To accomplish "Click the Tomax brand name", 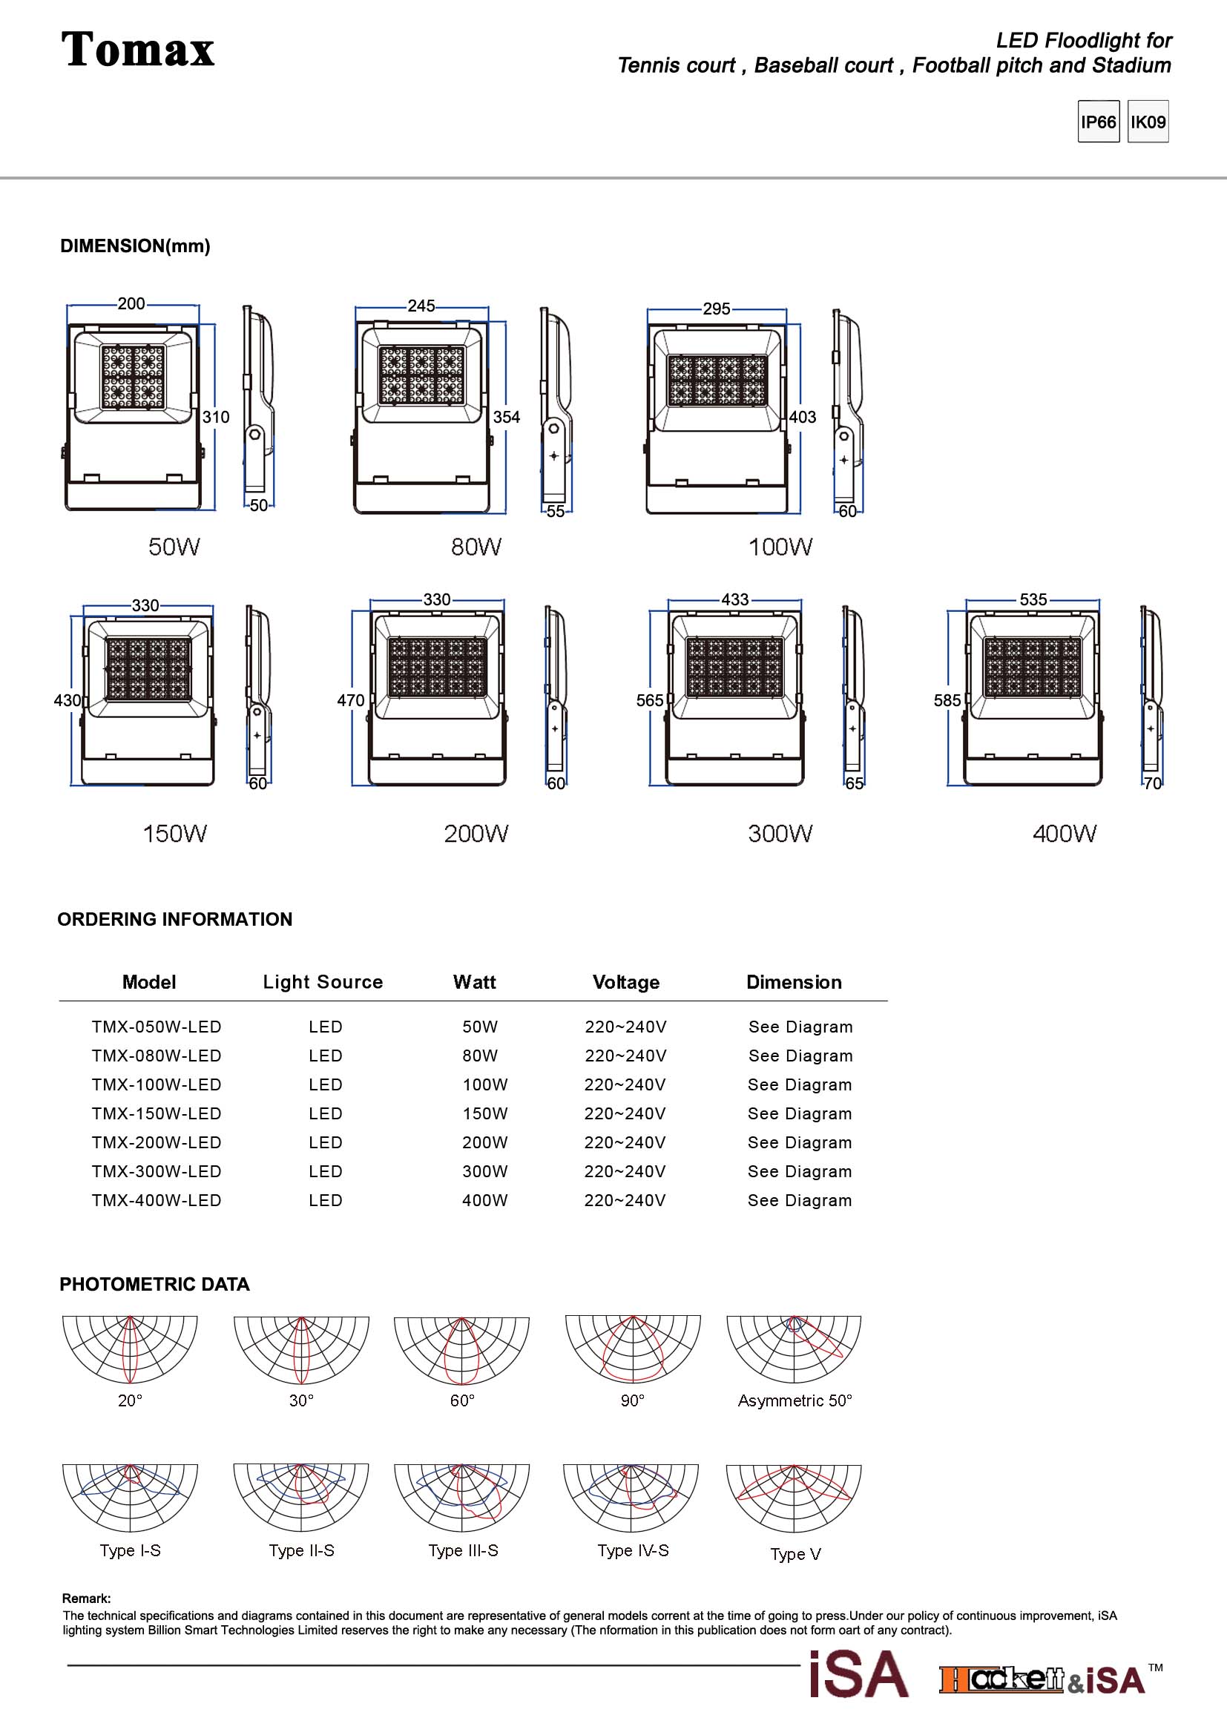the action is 137,50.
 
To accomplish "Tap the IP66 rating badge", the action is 1099,122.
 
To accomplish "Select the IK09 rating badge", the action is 1148,122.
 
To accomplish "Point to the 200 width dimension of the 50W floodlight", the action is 131,304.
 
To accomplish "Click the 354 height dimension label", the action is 506,417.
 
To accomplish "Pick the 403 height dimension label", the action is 803,417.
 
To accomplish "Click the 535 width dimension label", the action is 1033,600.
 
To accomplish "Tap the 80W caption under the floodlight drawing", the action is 476,547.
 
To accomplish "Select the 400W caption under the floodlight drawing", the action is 1065,834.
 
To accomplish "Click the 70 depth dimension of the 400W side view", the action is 1152,783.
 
